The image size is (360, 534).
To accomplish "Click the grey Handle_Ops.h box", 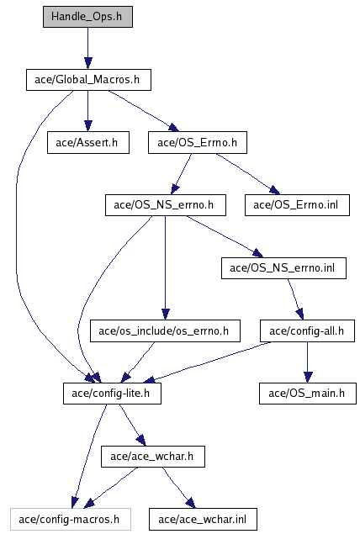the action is point(87,17).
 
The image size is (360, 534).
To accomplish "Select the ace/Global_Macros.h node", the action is point(88,80).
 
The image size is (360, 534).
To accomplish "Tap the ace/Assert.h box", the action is point(88,143).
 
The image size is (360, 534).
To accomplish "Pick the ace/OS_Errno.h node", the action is point(198,143).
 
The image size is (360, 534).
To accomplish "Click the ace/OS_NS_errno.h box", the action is point(166,205).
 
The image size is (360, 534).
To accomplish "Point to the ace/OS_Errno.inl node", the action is point(297,205).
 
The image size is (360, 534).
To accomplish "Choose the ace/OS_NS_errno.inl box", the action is point(283,268).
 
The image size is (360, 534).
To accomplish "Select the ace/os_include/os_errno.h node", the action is point(165,330).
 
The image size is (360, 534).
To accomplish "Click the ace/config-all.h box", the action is point(308,330).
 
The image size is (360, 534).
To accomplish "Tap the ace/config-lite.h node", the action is point(112,394).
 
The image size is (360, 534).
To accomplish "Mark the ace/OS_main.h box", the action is point(308,394).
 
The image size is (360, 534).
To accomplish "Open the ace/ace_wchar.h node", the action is point(153,457).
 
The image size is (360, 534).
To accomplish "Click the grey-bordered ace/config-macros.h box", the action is point(71,520).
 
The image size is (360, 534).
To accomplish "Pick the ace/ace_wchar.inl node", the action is point(203,520).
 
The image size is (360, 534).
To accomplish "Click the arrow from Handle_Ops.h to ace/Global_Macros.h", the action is point(87,49).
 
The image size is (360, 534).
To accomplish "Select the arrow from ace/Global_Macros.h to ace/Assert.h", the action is point(87,111).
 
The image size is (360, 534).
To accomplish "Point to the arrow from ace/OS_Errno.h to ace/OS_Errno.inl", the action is point(247,173).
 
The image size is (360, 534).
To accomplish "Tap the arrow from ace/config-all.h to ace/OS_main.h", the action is point(308,362).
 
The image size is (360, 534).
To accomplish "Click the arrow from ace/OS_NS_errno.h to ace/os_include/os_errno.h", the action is point(165,267).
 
